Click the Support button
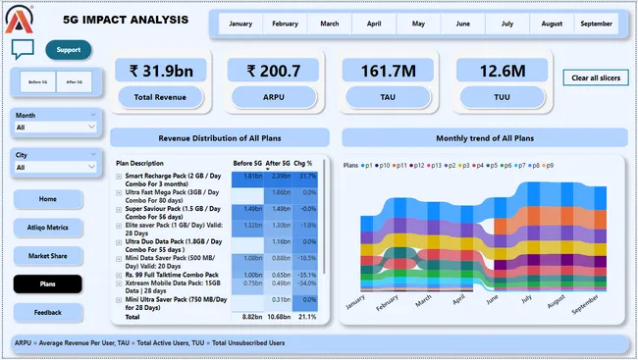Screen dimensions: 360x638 click(x=68, y=50)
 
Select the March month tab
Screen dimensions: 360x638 click(x=330, y=24)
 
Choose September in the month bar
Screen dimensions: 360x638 click(x=597, y=24)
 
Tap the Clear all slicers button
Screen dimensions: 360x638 click(x=595, y=77)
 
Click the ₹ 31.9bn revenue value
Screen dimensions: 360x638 click(x=160, y=70)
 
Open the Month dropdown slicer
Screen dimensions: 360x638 click(x=55, y=127)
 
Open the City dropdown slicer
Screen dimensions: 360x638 click(x=55, y=168)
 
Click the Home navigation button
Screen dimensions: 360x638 click(x=48, y=199)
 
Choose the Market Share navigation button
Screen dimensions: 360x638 click(x=48, y=256)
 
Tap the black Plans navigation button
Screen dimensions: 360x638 click(x=48, y=284)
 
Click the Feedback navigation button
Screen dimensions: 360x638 click(x=48, y=312)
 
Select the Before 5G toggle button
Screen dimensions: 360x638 click(x=40, y=82)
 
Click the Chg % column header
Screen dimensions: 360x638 click(x=303, y=163)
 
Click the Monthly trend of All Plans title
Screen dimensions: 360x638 click(x=484, y=138)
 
